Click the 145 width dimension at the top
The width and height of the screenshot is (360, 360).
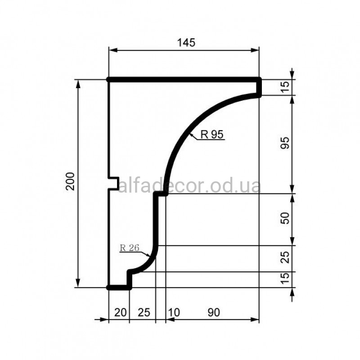(x=186, y=43)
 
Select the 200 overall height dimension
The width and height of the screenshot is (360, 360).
(x=70, y=181)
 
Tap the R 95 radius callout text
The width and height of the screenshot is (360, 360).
(x=211, y=134)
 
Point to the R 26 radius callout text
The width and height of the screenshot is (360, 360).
(x=130, y=248)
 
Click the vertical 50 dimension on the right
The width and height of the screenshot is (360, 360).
(x=285, y=218)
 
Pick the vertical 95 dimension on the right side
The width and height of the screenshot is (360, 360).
(x=285, y=143)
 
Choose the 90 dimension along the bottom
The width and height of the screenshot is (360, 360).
(x=214, y=312)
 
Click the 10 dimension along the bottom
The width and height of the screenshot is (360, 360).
(x=174, y=312)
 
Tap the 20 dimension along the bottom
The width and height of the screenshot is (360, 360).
(x=120, y=312)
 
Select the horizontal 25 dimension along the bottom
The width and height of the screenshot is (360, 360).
(x=144, y=312)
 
